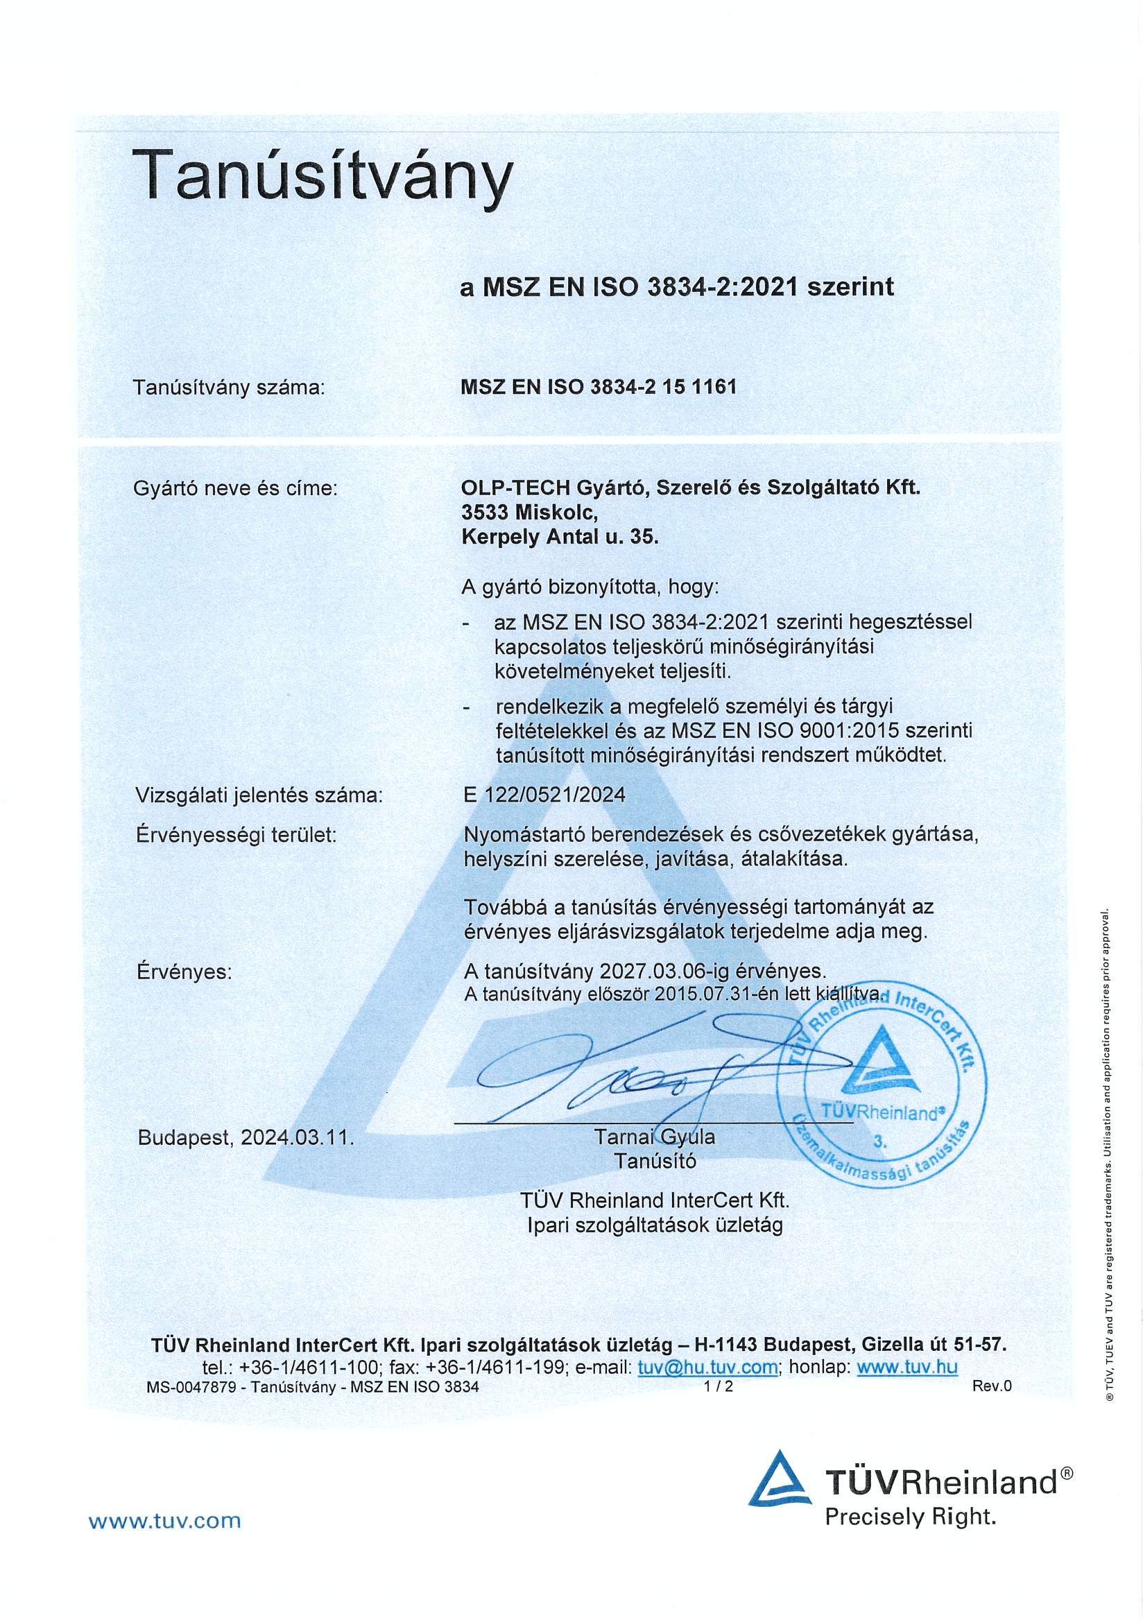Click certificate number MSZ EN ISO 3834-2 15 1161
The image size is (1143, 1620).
[599, 387]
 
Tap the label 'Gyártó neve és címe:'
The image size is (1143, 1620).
[236, 488]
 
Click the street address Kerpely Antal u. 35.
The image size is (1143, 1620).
[559, 537]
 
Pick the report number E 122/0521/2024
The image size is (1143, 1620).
[544, 795]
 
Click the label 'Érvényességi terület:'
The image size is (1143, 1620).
[236, 835]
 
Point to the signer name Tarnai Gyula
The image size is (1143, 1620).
[654, 1137]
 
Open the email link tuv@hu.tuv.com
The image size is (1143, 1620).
[707, 1367]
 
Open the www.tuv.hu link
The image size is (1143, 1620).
[906, 1367]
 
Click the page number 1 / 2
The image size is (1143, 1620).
[719, 1386]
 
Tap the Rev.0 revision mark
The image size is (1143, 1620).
[991, 1386]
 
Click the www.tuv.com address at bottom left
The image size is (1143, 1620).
[164, 1520]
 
